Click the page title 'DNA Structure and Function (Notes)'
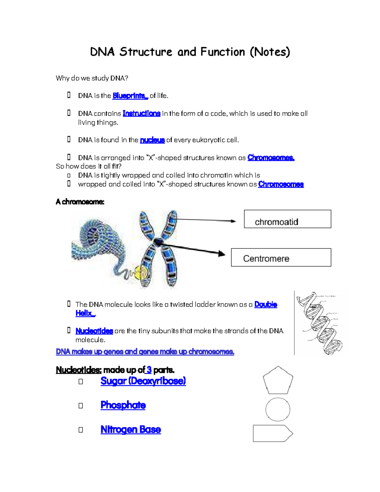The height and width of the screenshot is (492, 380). pyautogui.click(x=190, y=52)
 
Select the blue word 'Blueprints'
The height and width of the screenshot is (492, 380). pyautogui.click(x=130, y=96)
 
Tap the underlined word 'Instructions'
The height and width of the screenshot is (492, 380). pyautogui.click(x=141, y=113)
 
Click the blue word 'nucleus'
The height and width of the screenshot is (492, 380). pyautogui.click(x=152, y=140)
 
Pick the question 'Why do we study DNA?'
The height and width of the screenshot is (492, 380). pyautogui.click(x=92, y=78)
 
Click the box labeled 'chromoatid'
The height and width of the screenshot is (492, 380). pyautogui.click(x=287, y=219)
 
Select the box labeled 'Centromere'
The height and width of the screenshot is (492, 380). pyautogui.click(x=281, y=258)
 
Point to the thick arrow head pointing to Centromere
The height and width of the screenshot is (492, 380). pyautogui.click(x=221, y=253)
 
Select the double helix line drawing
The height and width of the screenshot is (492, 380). pyautogui.click(x=320, y=323)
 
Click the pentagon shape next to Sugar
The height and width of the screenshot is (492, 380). pyautogui.click(x=278, y=381)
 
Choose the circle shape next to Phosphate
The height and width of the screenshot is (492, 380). pyautogui.click(x=278, y=409)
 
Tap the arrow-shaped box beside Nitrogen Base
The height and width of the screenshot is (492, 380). pyautogui.click(x=272, y=433)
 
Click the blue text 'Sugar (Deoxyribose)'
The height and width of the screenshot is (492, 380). pyautogui.click(x=143, y=381)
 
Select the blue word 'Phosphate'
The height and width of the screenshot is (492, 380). pyautogui.click(x=123, y=405)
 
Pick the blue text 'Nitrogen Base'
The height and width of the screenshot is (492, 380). pyautogui.click(x=130, y=430)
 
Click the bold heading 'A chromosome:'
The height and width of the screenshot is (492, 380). pyautogui.click(x=80, y=202)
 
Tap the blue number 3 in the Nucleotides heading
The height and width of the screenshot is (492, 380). pyautogui.click(x=149, y=370)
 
